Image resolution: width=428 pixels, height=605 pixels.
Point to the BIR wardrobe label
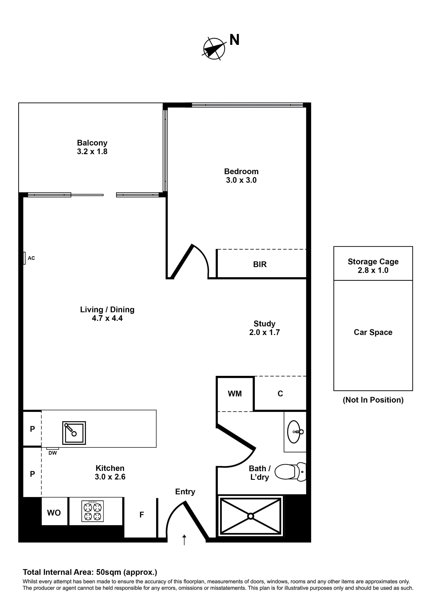(260, 264)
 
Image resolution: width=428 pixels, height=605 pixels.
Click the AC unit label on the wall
(31, 258)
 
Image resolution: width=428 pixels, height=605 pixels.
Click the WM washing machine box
(235, 394)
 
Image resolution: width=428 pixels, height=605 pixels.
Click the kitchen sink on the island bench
(74, 433)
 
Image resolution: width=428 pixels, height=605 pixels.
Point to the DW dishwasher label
(53, 453)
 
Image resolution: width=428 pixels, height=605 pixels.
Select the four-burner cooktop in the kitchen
(93, 511)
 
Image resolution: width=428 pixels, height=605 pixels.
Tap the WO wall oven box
(54, 513)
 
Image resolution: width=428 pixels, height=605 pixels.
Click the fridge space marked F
(142, 515)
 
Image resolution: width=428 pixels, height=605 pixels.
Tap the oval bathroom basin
(294, 432)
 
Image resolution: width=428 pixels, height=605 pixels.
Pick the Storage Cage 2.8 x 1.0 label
(373, 266)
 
